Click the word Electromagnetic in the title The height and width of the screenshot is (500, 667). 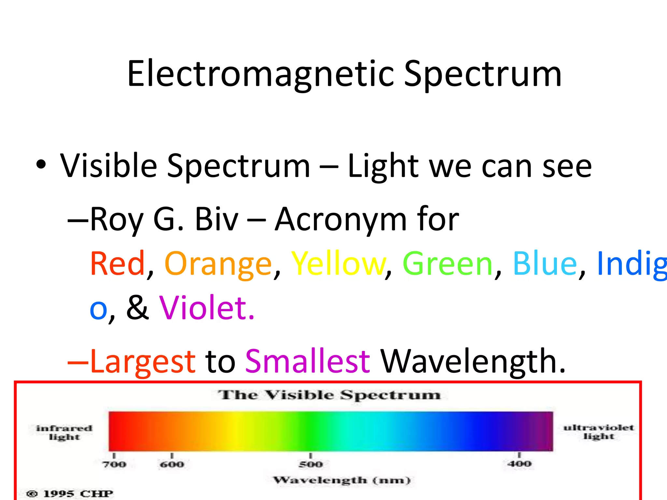[x=261, y=74]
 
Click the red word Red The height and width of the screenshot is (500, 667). [x=117, y=264]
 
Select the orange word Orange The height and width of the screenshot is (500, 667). [x=218, y=264]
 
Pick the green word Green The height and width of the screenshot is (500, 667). [x=448, y=264]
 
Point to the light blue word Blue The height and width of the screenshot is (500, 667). [x=545, y=264]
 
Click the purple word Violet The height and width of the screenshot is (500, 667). [x=206, y=308]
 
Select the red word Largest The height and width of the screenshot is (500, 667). [x=143, y=361]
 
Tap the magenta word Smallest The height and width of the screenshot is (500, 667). [x=307, y=361]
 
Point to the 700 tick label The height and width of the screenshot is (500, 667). [x=114, y=464]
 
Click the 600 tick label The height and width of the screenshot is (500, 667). [x=172, y=464]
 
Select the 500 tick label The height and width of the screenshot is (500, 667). [x=311, y=464]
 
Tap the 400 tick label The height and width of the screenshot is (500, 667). [x=519, y=464]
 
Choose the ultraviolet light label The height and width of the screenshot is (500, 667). [x=599, y=432]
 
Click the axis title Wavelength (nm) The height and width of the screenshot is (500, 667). [x=342, y=480]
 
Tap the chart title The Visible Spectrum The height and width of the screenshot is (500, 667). [x=329, y=395]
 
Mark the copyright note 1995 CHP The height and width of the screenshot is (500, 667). [x=70, y=493]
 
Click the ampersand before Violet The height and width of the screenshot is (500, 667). [x=137, y=308]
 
